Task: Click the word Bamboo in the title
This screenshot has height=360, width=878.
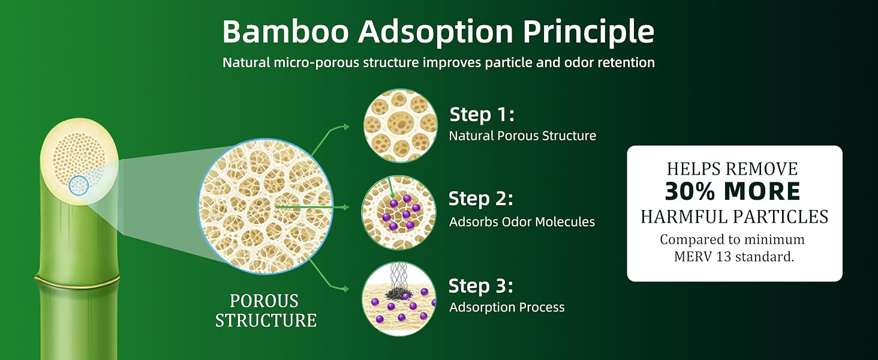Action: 285,31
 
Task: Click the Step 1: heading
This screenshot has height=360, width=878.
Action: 482,114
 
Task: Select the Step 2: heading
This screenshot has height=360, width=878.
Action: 481,199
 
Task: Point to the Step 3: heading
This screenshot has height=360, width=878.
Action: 481,286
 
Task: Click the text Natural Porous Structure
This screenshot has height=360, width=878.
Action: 522,136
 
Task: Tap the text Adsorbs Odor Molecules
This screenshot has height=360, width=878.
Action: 522,222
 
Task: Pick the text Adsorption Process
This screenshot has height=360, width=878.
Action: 507,307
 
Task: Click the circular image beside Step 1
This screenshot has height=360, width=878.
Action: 400,125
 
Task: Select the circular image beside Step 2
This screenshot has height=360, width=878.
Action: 399,212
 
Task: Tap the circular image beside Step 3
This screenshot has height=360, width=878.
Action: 399,299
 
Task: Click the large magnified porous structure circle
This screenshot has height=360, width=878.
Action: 265,206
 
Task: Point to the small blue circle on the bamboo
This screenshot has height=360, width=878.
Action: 79,185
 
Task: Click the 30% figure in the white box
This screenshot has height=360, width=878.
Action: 691,192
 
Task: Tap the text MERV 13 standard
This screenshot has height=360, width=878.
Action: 734,257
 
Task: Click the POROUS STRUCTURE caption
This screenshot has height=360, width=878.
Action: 266,311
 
